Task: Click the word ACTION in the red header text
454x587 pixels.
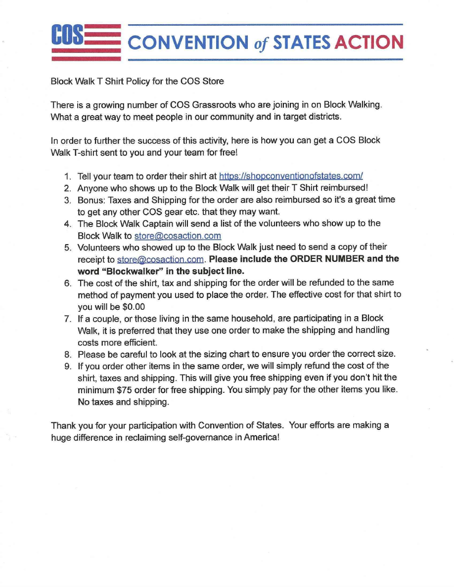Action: [368, 42]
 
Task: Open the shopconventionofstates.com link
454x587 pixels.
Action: [291, 176]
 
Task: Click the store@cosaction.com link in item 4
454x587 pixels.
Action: [178, 236]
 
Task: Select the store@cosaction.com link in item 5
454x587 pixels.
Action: [161, 259]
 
